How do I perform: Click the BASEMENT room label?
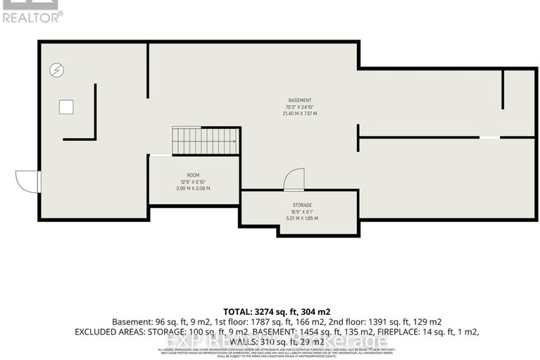[x=300, y=100]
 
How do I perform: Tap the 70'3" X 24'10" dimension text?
[x=300, y=107]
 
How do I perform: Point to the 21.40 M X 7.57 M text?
[x=300, y=113]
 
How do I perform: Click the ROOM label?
[x=193, y=175]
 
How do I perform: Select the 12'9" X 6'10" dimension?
[x=193, y=182]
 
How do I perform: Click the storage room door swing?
[x=294, y=180]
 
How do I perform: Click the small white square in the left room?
[x=65, y=106]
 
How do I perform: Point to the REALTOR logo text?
[x=32, y=16]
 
